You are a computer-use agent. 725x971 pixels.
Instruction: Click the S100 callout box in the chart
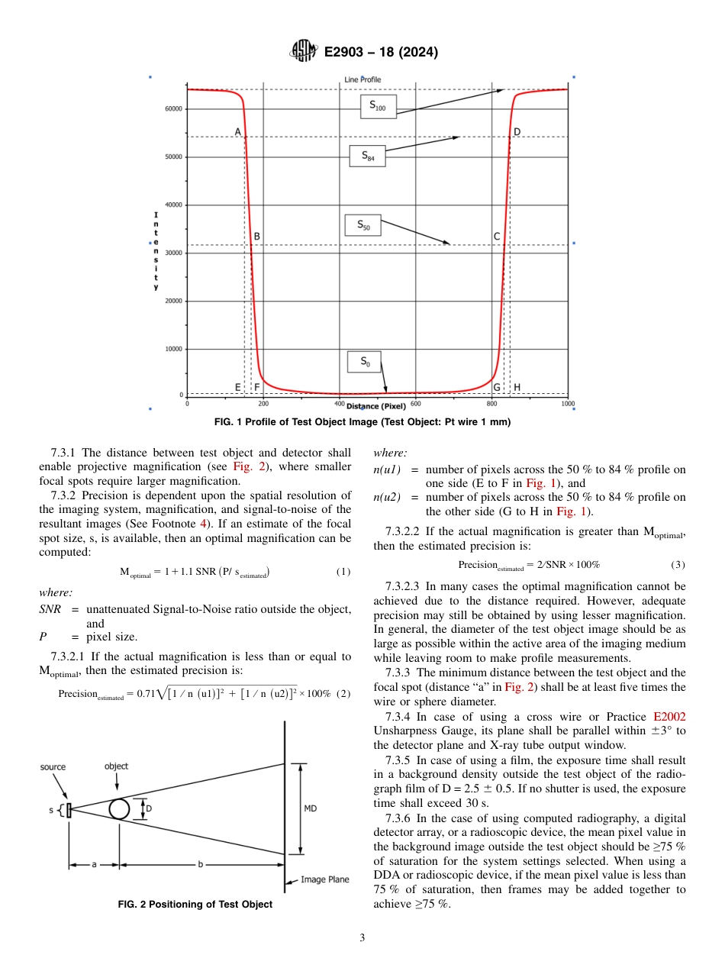(x=378, y=106)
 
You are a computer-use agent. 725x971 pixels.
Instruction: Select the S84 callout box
(x=367, y=156)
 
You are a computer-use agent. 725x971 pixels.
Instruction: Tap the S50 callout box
(x=362, y=226)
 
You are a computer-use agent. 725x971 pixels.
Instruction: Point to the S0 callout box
(x=365, y=362)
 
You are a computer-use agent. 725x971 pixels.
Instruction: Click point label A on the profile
(x=238, y=132)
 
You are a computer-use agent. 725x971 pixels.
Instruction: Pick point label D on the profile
(x=517, y=132)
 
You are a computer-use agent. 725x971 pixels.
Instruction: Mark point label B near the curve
(x=257, y=237)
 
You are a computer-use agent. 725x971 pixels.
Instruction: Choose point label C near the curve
(x=497, y=237)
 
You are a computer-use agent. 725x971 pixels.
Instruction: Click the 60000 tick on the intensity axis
(x=173, y=109)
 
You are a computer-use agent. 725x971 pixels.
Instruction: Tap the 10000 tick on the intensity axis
(x=173, y=349)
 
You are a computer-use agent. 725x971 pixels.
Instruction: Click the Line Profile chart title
(x=362, y=79)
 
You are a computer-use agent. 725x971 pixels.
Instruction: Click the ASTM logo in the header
(x=304, y=52)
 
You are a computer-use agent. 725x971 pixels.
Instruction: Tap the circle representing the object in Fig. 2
(x=119, y=808)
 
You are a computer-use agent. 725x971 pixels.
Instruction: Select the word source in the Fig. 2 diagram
(x=53, y=766)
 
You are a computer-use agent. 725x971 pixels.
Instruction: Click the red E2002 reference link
(x=669, y=717)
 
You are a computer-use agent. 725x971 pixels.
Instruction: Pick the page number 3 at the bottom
(x=362, y=937)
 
